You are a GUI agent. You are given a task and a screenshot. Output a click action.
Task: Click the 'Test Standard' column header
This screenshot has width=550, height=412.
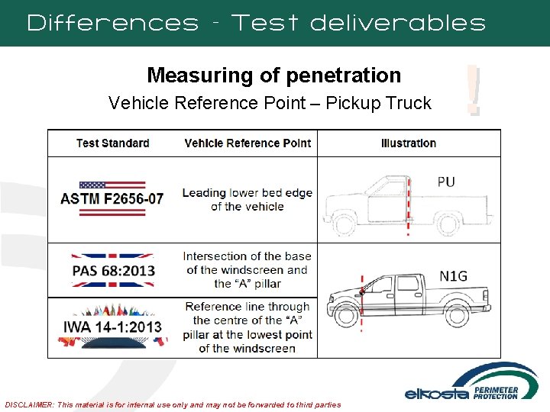(112, 143)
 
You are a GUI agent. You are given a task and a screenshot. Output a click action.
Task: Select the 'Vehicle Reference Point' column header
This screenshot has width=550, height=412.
(247, 143)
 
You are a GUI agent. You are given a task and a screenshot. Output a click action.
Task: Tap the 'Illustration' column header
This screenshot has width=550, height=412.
(409, 143)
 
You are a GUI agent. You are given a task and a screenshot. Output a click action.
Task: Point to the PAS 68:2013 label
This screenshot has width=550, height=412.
(113, 271)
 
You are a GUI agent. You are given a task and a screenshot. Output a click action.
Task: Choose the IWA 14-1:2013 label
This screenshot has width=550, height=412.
(113, 327)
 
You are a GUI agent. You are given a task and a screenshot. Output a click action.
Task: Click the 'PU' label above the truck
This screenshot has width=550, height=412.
(446, 182)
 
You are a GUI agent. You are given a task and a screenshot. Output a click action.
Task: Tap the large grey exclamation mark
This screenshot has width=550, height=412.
(474, 90)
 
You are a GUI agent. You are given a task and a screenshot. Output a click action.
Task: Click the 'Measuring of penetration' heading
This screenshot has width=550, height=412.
(273, 75)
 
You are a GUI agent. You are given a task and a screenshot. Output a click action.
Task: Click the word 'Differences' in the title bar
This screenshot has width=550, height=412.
(112, 23)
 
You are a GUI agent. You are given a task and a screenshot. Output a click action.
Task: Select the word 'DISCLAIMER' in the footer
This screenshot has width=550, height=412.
(29, 404)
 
